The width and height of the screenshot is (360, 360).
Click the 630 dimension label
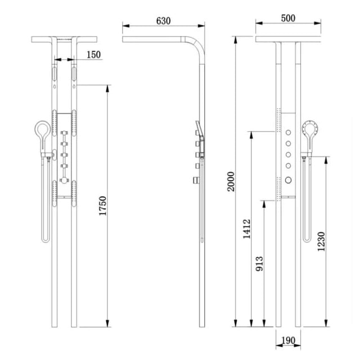pos(163,21)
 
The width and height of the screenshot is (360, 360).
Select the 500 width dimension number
pos(288,18)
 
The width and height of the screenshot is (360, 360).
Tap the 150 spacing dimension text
pos(93,55)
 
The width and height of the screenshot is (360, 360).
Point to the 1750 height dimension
pos(102,206)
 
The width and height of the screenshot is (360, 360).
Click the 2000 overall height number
pos(231,181)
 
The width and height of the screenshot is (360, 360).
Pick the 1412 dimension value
pos(247,229)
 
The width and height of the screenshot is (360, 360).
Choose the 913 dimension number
pos(260,264)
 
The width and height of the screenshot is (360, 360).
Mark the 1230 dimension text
pos(321,241)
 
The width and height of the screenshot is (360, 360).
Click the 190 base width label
pos(288,340)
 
